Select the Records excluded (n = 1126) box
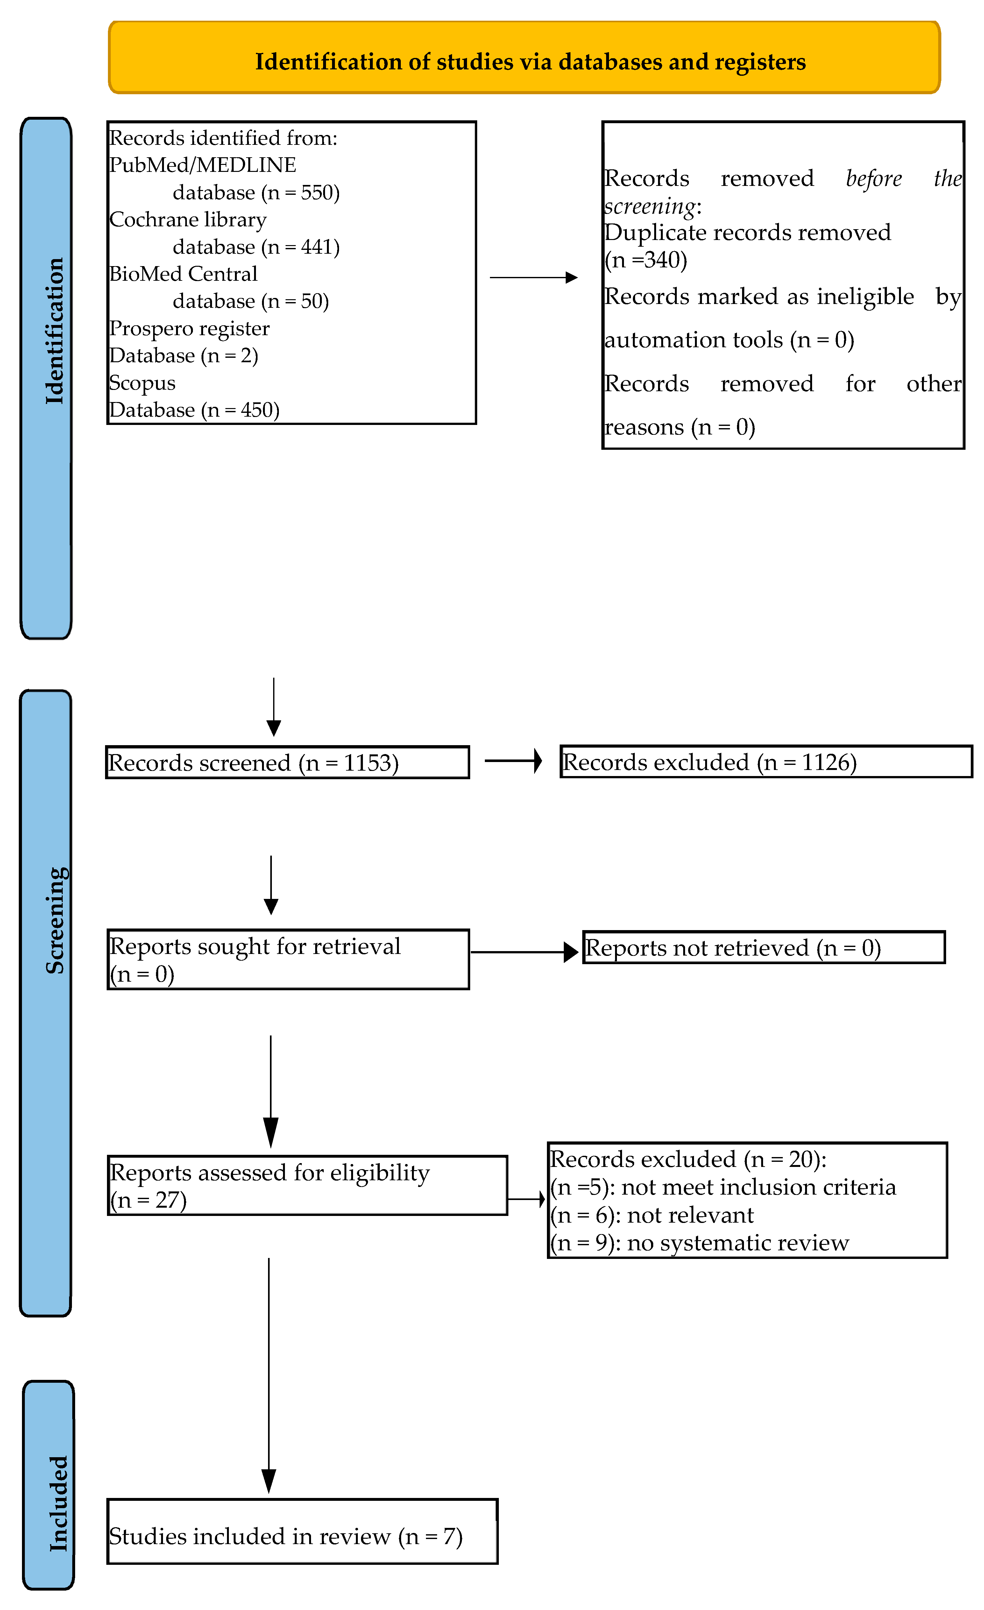pos(766,762)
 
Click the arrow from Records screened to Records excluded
pos(513,760)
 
